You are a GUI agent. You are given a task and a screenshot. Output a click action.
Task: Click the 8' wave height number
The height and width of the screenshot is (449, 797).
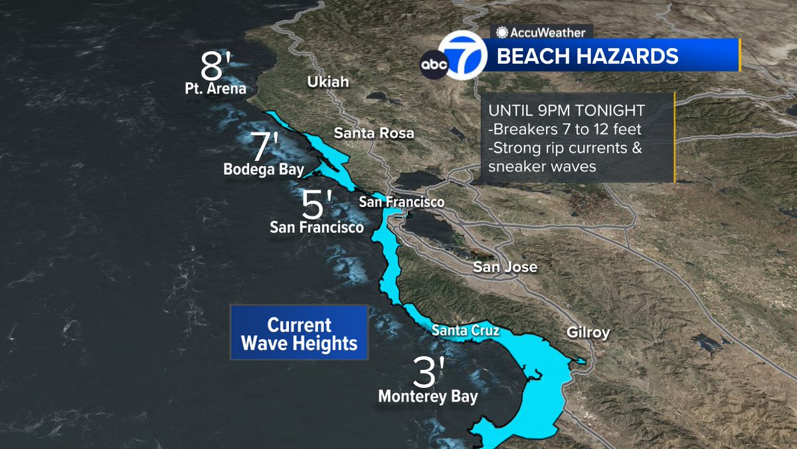coord(217,67)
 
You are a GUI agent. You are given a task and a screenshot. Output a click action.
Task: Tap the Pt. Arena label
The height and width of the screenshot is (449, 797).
coord(216,88)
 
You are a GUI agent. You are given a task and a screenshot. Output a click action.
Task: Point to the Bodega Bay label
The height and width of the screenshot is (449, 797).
coord(264,170)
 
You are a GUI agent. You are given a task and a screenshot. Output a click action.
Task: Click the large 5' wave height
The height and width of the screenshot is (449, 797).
coord(316,205)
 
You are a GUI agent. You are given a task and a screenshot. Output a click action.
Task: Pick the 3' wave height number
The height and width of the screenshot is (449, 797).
coord(427,374)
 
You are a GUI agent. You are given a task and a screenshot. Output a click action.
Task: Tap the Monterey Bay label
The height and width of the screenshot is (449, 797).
coord(428,396)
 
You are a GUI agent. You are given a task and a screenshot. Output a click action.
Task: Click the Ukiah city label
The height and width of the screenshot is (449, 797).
coord(327,82)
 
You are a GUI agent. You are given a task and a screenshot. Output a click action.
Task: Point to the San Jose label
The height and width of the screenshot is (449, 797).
coord(505,267)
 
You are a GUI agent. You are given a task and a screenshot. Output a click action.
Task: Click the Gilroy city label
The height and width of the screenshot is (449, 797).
coord(588,333)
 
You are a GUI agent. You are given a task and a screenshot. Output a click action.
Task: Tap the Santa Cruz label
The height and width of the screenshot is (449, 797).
coord(465,330)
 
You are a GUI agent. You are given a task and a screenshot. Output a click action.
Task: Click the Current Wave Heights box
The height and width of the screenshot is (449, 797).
coord(299,333)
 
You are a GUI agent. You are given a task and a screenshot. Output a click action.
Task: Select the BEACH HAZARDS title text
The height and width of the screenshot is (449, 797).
coord(588,56)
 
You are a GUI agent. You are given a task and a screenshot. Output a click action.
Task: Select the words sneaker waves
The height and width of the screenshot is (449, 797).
coord(542,167)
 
